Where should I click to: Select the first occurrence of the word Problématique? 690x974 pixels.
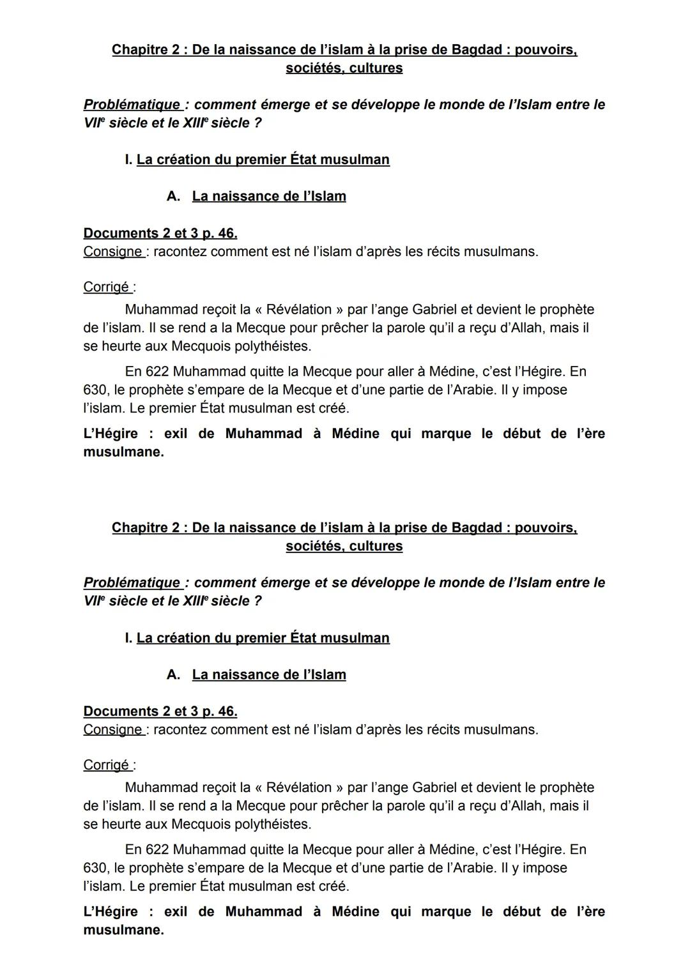tap(132, 105)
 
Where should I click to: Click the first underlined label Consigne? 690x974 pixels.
tap(112, 252)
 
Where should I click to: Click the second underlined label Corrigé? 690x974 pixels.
tap(106, 765)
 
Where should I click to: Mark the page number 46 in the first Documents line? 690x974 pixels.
tap(227, 233)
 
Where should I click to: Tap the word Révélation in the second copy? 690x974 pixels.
tap(298, 788)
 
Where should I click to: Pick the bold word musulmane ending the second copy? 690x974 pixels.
tap(123, 930)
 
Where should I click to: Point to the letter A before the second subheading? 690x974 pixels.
tap(172, 675)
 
